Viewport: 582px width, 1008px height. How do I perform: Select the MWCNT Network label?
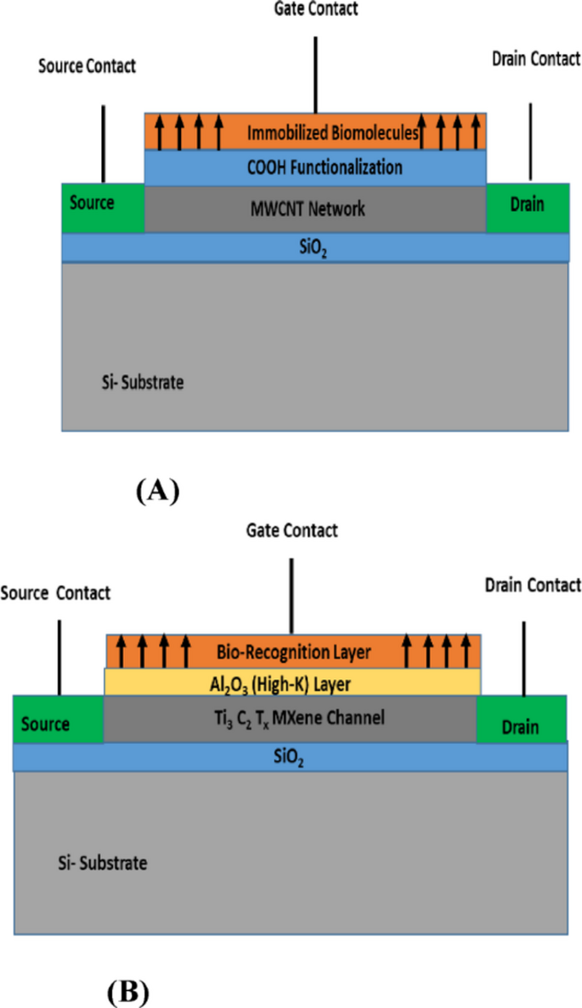coord(315,208)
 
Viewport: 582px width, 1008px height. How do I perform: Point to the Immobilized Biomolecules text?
coord(333,133)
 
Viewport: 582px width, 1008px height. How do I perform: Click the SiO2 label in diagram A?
coord(315,247)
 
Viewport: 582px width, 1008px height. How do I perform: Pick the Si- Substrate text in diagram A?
coord(137,382)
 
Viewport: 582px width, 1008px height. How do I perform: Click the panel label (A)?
coord(157,491)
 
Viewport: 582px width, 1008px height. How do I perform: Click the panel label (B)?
coord(129,990)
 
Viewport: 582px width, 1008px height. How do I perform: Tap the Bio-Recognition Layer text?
coord(294,653)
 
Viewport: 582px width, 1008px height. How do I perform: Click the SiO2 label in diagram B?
coord(289,756)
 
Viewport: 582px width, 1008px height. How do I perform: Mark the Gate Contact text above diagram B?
coord(292,530)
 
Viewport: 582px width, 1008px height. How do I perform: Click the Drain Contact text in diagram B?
coord(532,585)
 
